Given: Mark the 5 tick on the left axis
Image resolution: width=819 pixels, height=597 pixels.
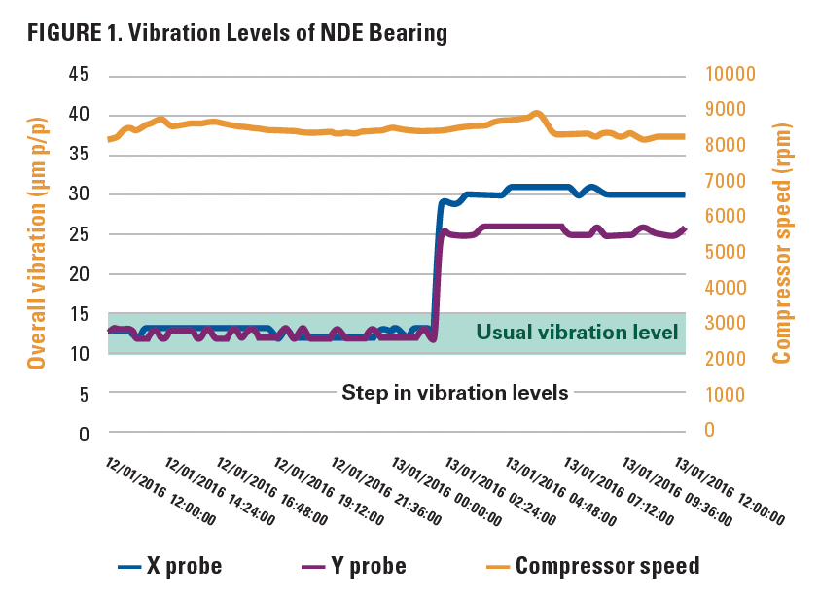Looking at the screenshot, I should click(x=83, y=394).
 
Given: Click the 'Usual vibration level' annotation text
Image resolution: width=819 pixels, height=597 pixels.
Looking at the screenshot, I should click(x=577, y=333).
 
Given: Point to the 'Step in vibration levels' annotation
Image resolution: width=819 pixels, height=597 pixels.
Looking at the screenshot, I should click(x=454, y=393).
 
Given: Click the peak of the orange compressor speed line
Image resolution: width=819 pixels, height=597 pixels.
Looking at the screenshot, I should click(x=536, y=113).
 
